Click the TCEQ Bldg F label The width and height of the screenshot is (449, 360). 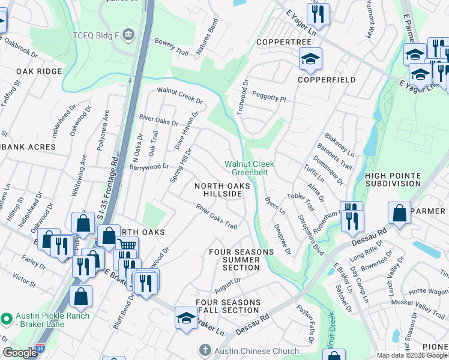(x=96, y=34)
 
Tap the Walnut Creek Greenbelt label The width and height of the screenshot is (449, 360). (x=249, y=168)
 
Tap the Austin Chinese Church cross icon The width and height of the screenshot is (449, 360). (x=205, y=350)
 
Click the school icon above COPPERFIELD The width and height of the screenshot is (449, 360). (x=310, y=59)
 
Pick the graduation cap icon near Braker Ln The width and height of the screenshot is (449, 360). (x=187, y=317)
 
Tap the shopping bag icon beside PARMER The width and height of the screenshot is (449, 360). (x=399, y=212)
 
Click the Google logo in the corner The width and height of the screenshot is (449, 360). (x=20, y=353)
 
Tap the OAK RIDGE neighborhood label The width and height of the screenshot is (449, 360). (x=39, y=71)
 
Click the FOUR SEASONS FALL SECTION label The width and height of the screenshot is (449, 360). (x=228, y=307)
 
